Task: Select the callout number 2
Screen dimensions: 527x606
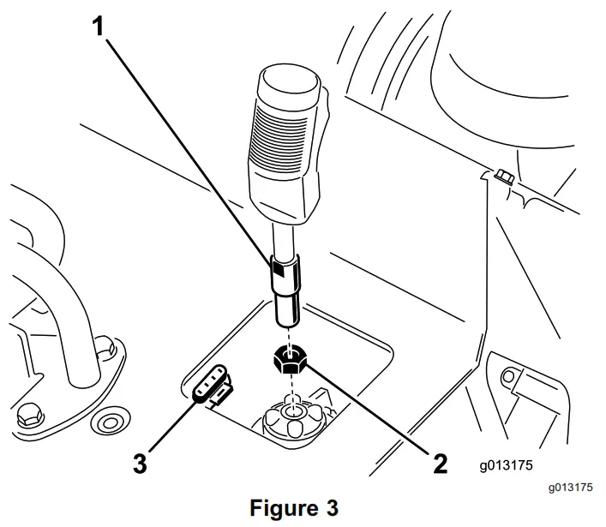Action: (x=440, y=463)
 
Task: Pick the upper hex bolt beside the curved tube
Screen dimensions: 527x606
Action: (x=103, y=347)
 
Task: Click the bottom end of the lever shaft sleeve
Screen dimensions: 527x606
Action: (x=288, y=320)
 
